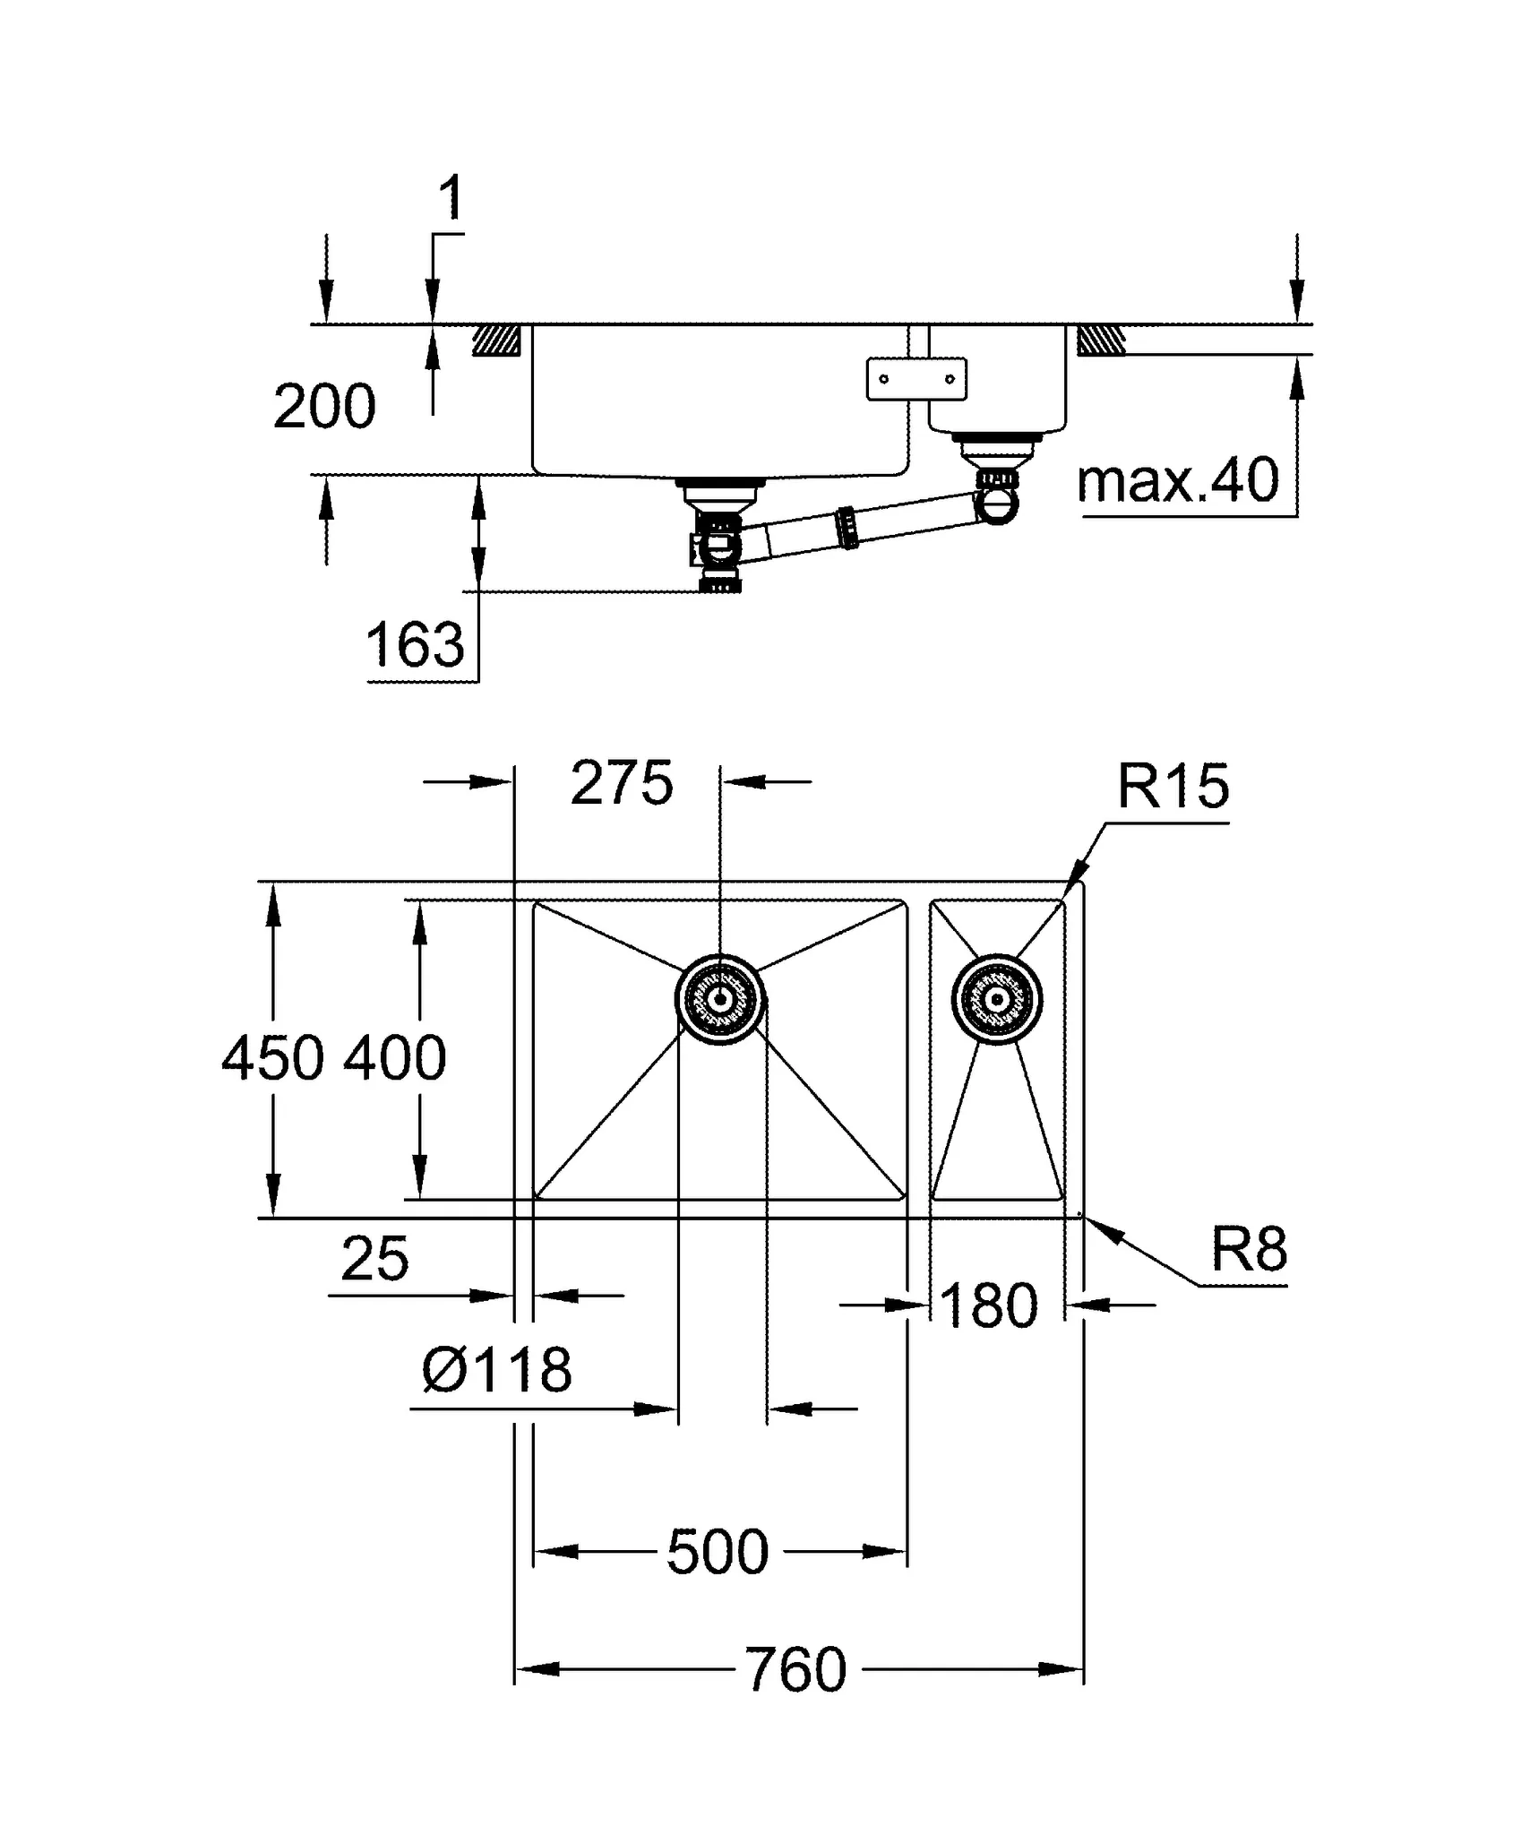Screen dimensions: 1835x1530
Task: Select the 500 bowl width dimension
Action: (x=718, y=1552)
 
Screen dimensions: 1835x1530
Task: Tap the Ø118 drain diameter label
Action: (x=496, y=1370)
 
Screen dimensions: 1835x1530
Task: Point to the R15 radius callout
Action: (x=1173, y=787)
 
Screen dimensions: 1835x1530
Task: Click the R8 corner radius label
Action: (x=1249, y=1249)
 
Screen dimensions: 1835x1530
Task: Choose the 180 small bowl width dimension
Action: (x=989, y=1305)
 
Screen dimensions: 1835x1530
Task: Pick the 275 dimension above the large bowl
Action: (x=622, y=783)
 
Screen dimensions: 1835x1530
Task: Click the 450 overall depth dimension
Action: (x=272, y=1058)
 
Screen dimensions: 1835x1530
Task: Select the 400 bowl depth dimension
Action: (x=395, y=1058)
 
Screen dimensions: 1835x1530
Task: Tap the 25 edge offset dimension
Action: (x=374, y=1259)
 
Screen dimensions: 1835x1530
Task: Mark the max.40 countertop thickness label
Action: (x=1177, y=481)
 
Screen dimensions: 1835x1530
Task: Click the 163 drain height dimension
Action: (x=416, y=644)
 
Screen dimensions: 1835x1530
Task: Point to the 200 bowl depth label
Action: (x=324, y=407)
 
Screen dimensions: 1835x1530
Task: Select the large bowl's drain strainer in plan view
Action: (x=720, y=999)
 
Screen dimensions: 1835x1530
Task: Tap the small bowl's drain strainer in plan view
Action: (x=997, y=999)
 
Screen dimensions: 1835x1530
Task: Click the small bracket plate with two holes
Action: (x=916, y=378)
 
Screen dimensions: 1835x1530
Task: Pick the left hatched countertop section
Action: (x=496, y=340)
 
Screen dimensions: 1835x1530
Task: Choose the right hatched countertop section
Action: (x=1101, y=340)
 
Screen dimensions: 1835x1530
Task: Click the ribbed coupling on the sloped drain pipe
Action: (x=847, y=528)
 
